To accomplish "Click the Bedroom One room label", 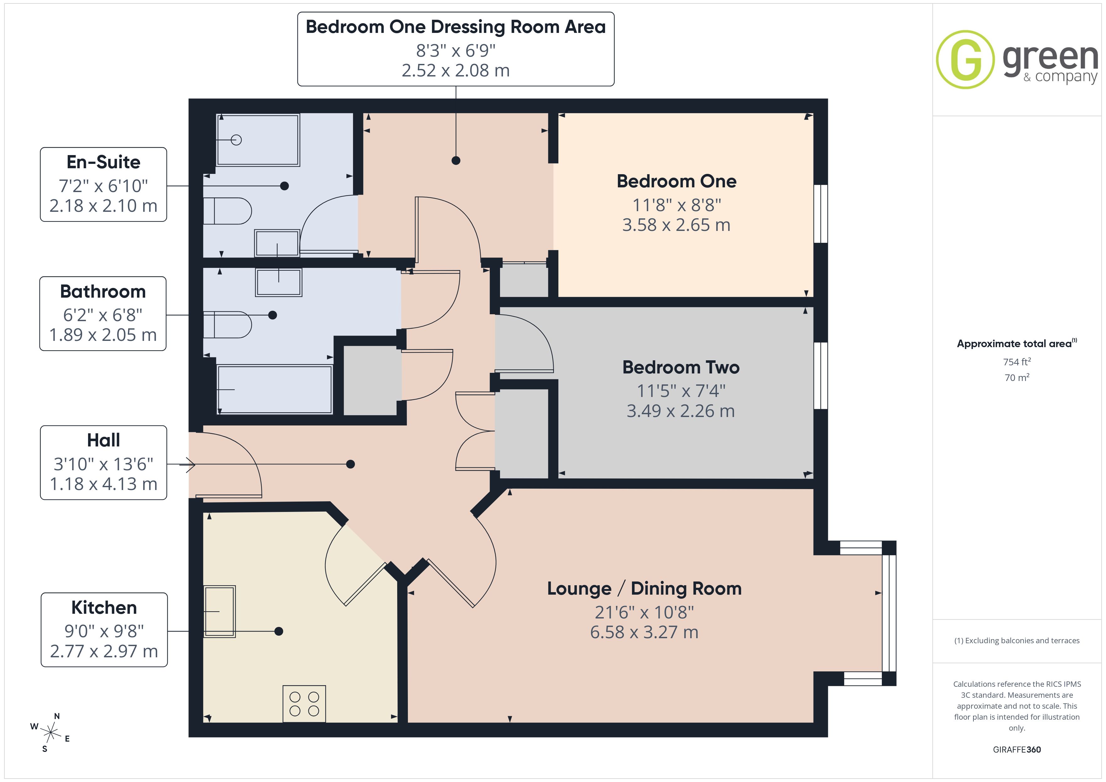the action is (676, 181).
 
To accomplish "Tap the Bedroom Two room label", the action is (681, 368).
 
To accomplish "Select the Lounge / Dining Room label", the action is (644, 588).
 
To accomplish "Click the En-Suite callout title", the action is (103, 162).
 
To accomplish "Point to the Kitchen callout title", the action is (104, 608).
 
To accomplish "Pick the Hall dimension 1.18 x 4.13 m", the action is (103, 484).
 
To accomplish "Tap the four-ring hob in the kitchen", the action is (304, 703).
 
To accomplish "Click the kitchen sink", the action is (219, 612).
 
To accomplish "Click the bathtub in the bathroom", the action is (275, 389).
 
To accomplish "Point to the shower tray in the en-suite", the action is (258, 140).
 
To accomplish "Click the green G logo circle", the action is (965, 60).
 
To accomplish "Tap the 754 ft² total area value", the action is (1017, 362).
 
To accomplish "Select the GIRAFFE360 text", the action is (1017, 750).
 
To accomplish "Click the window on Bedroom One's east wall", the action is (821, 214).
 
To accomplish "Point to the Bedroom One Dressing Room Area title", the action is (456, 27).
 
